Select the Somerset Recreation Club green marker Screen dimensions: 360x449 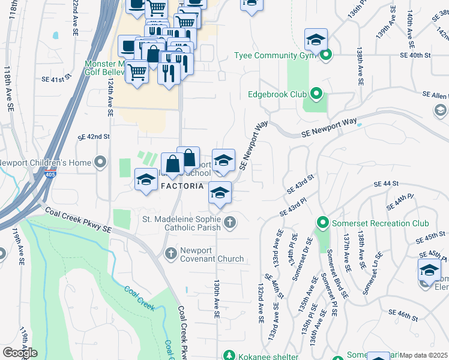click(x=322, y=223)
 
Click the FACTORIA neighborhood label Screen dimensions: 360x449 click(x=182, y=186)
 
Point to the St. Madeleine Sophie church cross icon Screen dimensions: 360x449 click(x=229, y=224)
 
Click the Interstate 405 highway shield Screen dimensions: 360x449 click(x=49, y=175)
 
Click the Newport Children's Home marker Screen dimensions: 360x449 click(x=100, y=163)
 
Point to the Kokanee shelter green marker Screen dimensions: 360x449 click(x=229, y=356)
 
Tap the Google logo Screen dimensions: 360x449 click(x=19, y=353)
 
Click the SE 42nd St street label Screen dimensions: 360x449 click(x=94, y=137)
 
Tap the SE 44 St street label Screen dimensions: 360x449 click(x=386, y=184)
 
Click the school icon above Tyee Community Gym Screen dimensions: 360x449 click(x=315, y=40)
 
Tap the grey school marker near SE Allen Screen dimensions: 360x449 click(x=440, y=110)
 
